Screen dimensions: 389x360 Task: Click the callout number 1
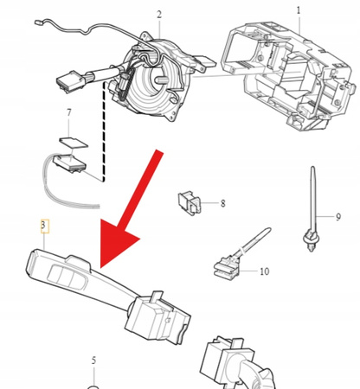[299, 10]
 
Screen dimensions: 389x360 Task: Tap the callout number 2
[159, 15]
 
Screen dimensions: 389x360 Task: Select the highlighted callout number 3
[43, 227]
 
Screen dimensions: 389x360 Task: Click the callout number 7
[68, 113]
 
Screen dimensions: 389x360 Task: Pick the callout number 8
[222, 203]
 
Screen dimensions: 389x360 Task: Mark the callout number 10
[264, 271]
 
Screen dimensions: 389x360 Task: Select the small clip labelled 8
[190, 203]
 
